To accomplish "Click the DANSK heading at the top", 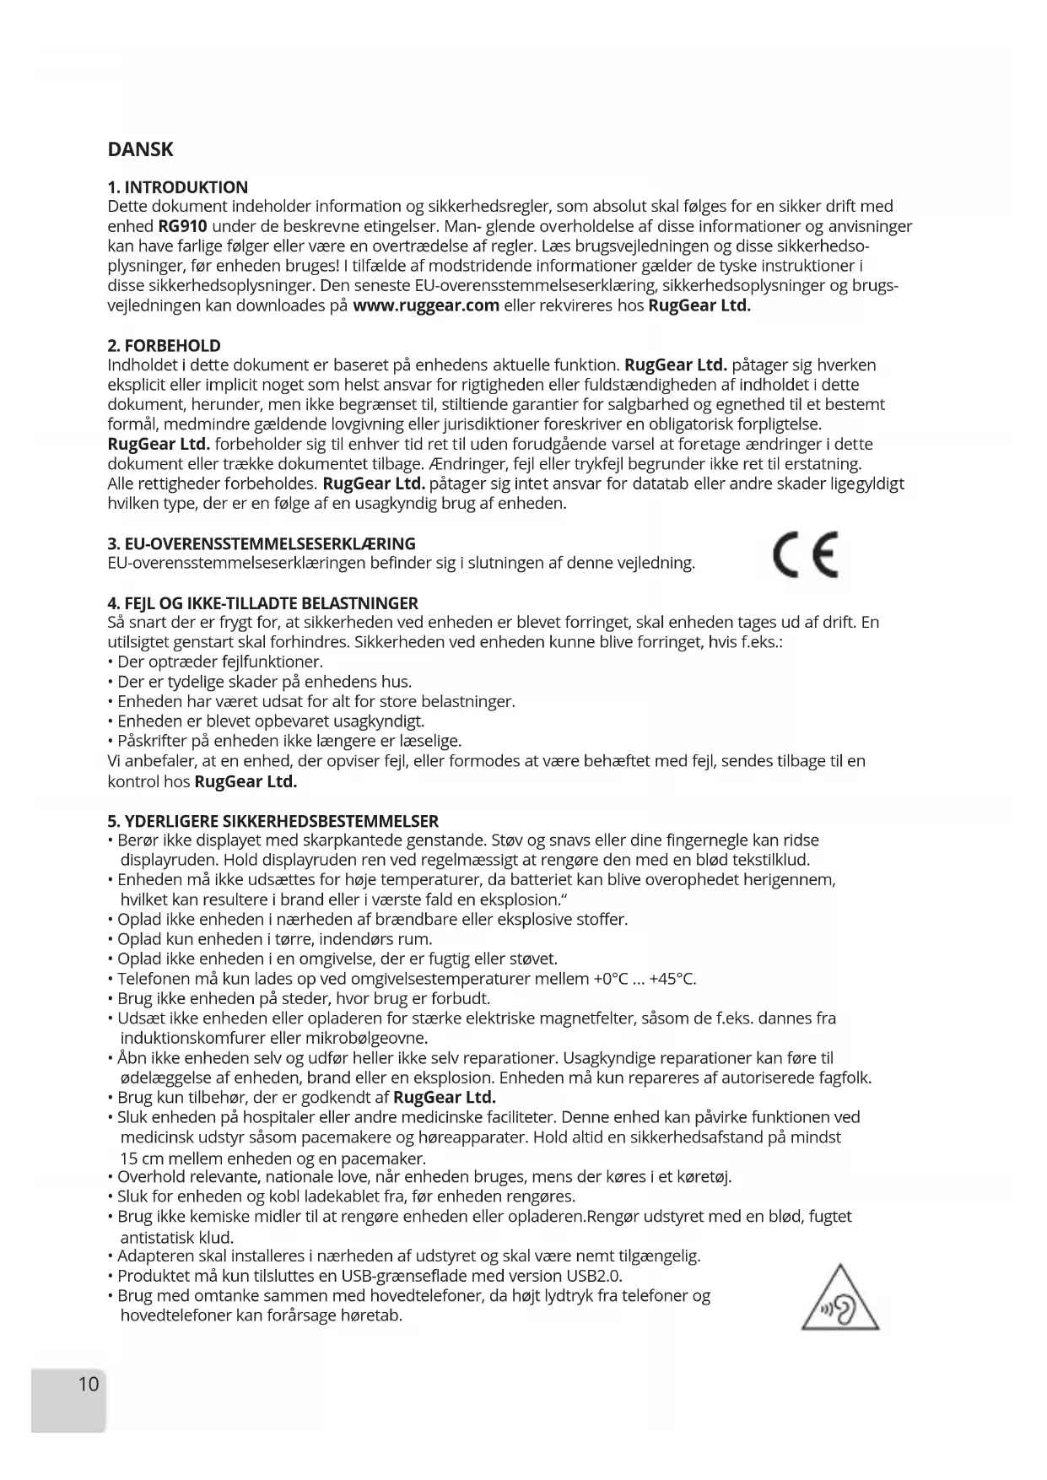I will coord(140,150).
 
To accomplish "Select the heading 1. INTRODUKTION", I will coord(178,187).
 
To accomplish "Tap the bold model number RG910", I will coord(182,226).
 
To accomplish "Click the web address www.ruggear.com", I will coord(426,305).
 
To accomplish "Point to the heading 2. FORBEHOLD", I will coord(164,346).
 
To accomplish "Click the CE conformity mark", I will coord(805,555).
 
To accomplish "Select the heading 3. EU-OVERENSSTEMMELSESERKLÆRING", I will coord(262,543).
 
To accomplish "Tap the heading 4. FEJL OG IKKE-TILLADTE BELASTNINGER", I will coord(262,603).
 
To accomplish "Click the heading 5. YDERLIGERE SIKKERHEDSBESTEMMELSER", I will coord(273,821).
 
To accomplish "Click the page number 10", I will coord(88,1384).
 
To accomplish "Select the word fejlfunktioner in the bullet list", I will coord(272,662).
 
